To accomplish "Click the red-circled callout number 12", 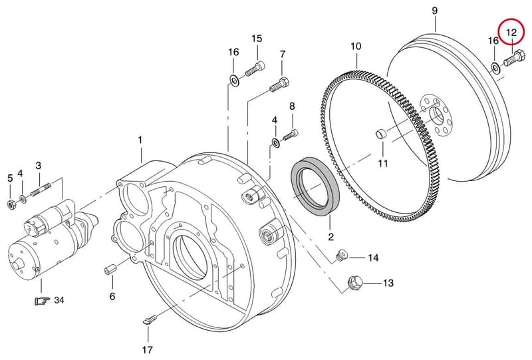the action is [511, 33].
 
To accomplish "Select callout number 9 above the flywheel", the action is [435, 11].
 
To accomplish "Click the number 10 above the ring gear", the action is [356, 46].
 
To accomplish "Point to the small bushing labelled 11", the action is [380, 134].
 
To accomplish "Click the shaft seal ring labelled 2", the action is [315, 186].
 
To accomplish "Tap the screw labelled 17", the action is [150, 320].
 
